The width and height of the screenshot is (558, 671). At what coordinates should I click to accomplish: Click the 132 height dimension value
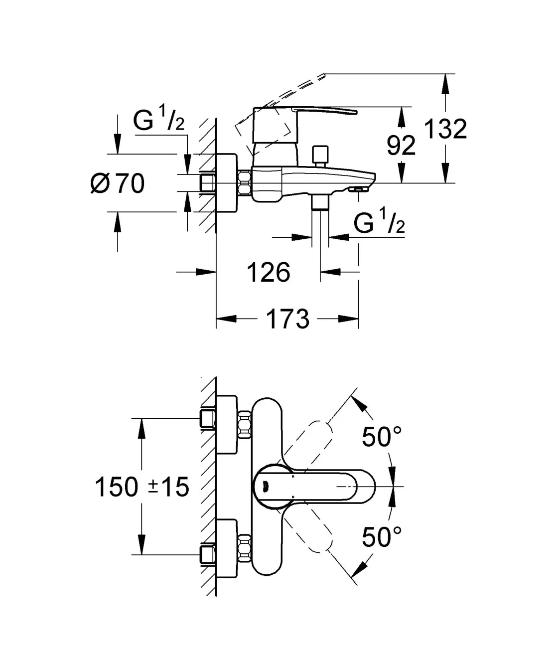click(x=445, y=129)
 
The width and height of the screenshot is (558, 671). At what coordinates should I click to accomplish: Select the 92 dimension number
click(x=401, y=146)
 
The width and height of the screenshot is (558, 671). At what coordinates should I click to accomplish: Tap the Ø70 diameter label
click(x=118, y=183)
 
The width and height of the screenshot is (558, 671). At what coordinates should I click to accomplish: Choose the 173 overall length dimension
click(x=287, y=319)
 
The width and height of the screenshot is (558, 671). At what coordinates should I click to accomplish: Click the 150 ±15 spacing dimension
click(x=142, y=487)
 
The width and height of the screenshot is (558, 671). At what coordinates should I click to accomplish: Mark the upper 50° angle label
click(x=382, y=437)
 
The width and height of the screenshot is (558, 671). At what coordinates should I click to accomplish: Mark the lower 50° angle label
click(x=382, y=537)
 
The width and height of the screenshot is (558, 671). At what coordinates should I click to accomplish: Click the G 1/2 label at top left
click(x=158, y=121)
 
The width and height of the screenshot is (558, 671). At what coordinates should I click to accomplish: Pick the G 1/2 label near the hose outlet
click(x=379, y=223)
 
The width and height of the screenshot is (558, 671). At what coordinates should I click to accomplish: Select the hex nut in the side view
click(x=244, y=183)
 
